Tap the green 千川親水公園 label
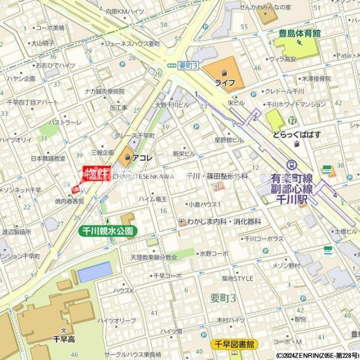coord(108,230)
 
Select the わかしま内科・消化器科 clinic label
coord(223,221)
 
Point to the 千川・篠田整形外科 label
coord(217,176)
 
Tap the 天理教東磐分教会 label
coord(154,257)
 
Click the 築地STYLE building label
coord(238,278)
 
